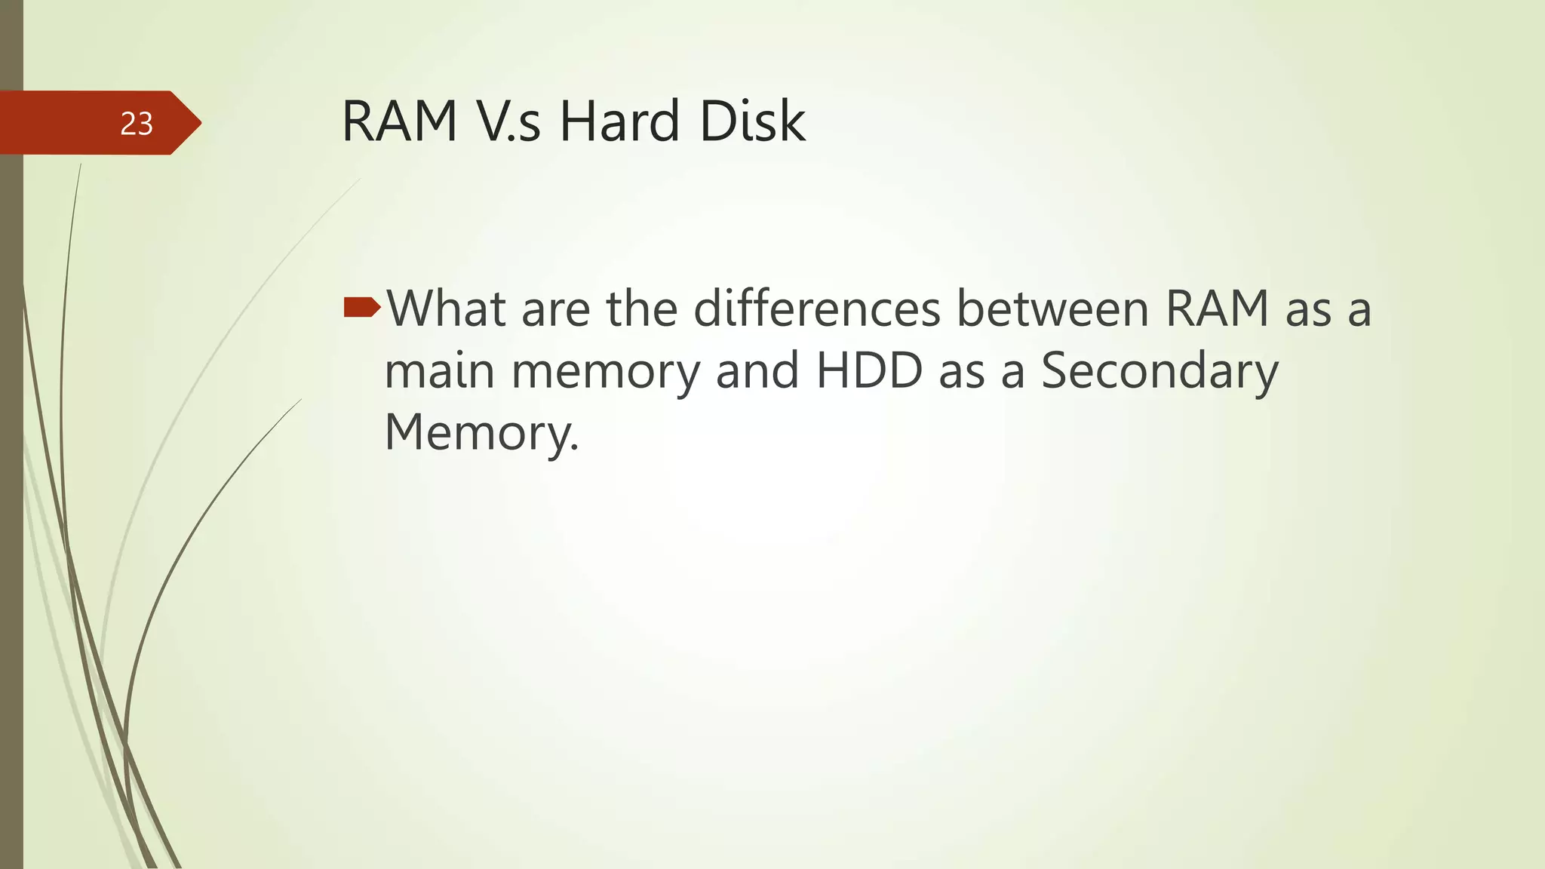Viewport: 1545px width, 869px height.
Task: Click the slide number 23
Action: click(137, 124)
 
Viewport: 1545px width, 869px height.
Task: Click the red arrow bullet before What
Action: click(362, 307)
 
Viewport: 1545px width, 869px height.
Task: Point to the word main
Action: click(439, 371)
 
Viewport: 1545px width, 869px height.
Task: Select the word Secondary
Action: click(1160, 373)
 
